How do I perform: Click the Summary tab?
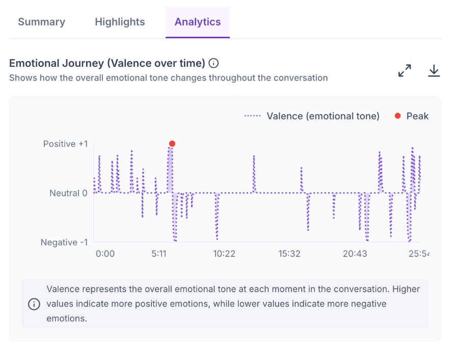pyautogui.click(x=42, y=22)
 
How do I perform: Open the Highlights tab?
pyautogui.click(x=120, y=22)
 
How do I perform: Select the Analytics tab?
pyautogui.click(x=198, y=22)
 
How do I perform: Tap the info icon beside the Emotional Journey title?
pyautogui.click(x=213, y=63)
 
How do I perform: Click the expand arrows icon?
pyautogui.click(x=404, y=70)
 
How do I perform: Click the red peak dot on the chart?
pyautogui.click(x=172, y=143)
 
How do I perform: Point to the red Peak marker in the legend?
pyautogui.click(x=397, y=116)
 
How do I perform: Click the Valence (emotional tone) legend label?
pyautogui.click(x=323, y=116)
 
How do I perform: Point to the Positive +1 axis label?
pyautogui.click(x=65, y=144)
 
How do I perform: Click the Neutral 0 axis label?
pyautogui.click(x=68, y=193)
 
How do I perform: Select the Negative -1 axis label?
pyautogui.click(x=64, y=242)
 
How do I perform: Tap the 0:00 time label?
pyautogui.click(x=105, y=253)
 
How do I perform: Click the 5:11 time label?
pyautogui.click(x=159, y=253)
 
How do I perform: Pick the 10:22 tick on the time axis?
pyautogui.click(x=224, y=253)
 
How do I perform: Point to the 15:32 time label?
pyautogui.click(x=289, y=253)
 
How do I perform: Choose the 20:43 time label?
pyautogui.click(x=355, y=253)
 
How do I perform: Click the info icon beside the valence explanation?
pyautogui.click(x=34, y=304)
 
